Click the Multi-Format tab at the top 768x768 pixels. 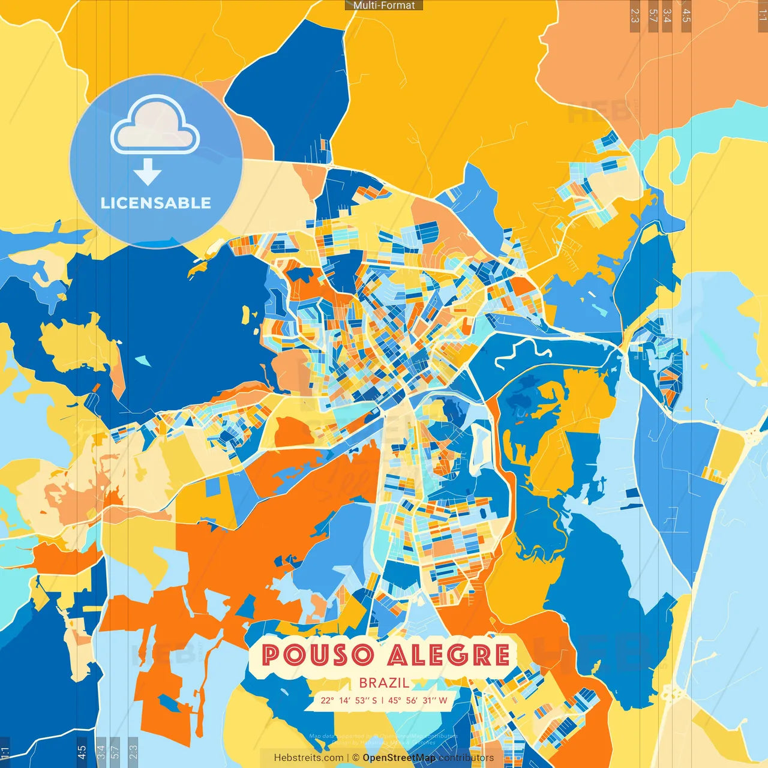pos(384,5)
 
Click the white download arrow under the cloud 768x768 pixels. pos(148,172)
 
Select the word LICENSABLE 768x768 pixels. pos(155,203)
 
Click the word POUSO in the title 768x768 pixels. pos(318,655)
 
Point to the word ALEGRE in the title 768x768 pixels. pos(448,655)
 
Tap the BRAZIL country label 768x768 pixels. pos(384,683)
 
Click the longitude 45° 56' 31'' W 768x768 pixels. pos(418,700)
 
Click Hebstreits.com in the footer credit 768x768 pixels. pos(308,758)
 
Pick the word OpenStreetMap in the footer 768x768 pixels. pos(399,758)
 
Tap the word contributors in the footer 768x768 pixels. pos(466,758)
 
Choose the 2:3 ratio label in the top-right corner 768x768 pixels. pos(635,15)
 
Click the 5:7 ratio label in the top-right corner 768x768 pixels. pos(653,15)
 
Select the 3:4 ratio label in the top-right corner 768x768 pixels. pos(667,15)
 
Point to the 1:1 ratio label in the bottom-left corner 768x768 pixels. pos(5,752)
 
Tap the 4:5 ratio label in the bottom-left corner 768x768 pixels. pos(82,752)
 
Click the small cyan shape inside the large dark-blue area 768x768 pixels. pos(142,360)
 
